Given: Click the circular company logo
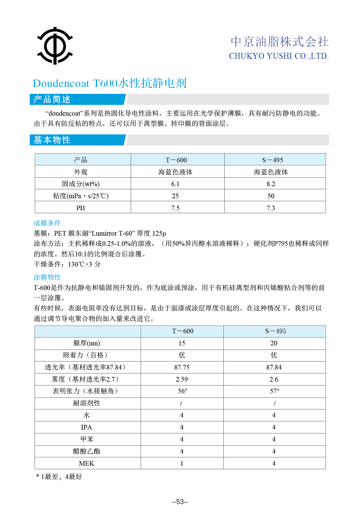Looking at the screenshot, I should coord(55,46).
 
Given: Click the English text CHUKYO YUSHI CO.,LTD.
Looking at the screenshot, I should coord(278,56).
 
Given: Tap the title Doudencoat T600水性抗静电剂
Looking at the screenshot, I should coord(109,83).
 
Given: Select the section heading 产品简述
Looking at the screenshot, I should coord(52,100).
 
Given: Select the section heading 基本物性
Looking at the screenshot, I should coord(52,140).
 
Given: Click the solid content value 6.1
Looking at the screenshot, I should coord(175,184).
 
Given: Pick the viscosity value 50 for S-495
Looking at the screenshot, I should coord(271,196).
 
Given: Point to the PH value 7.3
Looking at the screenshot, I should coord(271,208).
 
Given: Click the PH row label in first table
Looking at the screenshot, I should coord(80,208).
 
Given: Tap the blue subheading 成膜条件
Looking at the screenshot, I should coord(47,223).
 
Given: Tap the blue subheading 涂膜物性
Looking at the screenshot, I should coord(47,277).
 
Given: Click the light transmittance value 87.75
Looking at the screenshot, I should coord(182,367).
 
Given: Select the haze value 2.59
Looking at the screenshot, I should coord(182,379).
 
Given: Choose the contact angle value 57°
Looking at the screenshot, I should coord(274,391).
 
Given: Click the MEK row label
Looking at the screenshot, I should coord(86,464).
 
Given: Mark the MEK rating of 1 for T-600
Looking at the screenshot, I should coord(182,464).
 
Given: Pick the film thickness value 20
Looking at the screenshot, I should coord(274,343).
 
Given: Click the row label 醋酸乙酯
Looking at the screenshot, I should coord(86,451).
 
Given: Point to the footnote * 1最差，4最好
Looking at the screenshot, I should coord(59,477).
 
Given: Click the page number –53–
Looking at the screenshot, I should coord(180,502).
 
